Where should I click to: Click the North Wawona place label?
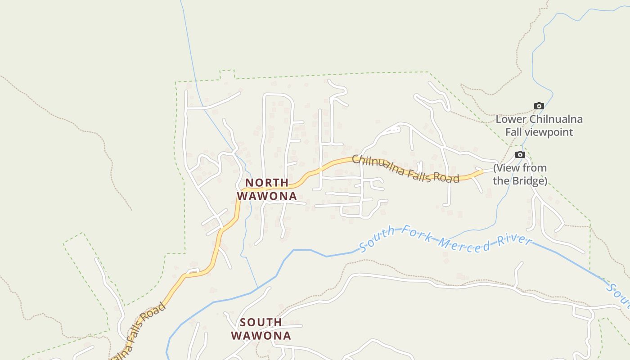point(267,189)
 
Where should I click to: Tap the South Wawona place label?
point(261,329)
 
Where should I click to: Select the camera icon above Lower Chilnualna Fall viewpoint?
point(539,106)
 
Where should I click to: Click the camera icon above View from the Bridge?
point(520,155)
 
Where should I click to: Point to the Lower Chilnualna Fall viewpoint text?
point(539,126)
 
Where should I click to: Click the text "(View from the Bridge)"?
point(520,174)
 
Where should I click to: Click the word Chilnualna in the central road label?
point(377,163)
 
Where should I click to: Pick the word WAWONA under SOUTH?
point(261,336)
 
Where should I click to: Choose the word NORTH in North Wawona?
point(267,183)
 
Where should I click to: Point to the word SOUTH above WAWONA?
point(261,322)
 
